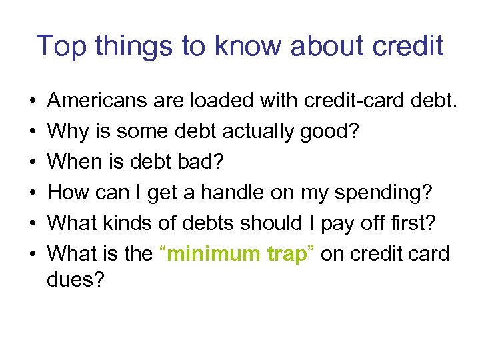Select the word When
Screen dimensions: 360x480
[75, 161]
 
